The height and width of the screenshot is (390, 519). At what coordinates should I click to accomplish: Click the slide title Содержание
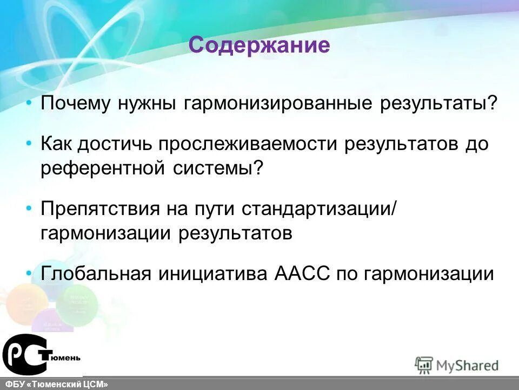[259, 45]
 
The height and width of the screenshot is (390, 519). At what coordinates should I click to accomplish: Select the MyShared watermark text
[467, 366]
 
